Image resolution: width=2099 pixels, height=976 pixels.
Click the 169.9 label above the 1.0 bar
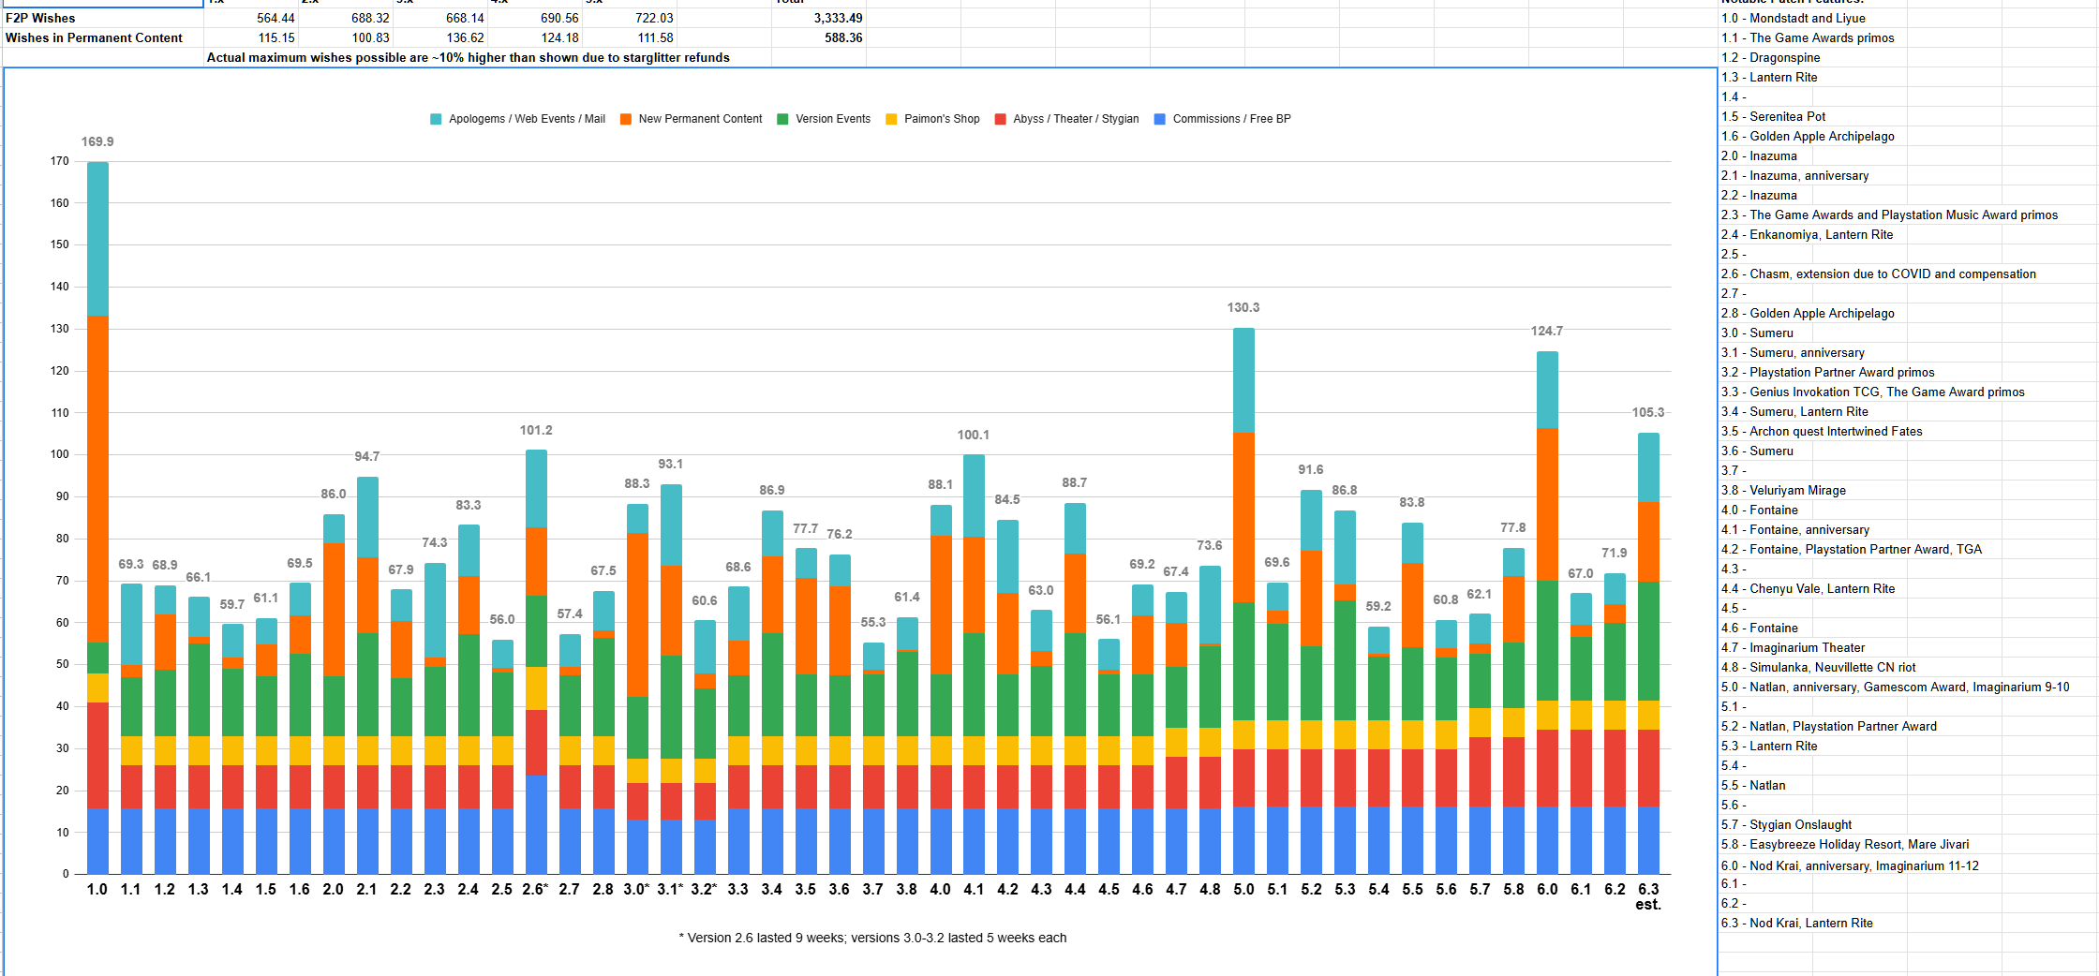tap(97, 141)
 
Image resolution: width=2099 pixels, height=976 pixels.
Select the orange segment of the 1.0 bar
tap(97, 479)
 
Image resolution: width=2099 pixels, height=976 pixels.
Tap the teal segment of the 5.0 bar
tap(1243, 380)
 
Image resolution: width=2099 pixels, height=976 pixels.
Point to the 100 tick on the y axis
tap(60, 454)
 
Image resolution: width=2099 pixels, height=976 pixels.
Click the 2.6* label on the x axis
tap(535, 889)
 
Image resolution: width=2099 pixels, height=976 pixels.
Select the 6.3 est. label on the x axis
tap(1648, 896)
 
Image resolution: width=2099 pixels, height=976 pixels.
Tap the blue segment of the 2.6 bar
tap(536, 824)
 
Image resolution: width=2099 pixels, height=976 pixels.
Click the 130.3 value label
tap(1243, 307)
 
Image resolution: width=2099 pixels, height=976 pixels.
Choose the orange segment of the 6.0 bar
tap(1547, 505)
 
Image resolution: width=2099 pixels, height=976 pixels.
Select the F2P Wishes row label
tap(40, 18)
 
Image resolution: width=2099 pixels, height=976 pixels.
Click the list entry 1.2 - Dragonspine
tap(1771, 57)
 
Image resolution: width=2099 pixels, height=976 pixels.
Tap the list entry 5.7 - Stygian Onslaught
tap(1786, 824)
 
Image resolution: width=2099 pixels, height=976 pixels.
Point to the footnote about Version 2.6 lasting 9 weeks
tap(872, 938)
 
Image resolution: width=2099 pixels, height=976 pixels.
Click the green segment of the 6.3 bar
tap(1648, 642)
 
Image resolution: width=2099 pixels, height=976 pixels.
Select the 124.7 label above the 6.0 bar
tap(1547, 331)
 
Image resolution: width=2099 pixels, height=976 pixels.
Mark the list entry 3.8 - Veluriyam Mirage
tap(1783, 490)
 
